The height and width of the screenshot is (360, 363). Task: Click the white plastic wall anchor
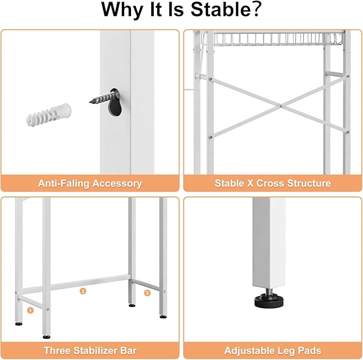[x=49, y=114]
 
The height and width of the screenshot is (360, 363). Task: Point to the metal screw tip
[x=90, y=101]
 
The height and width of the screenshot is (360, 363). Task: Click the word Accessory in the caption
[x=117, y=183]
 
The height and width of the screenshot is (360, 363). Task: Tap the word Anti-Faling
[x=64, y=183]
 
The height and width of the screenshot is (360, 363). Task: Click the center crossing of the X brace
[x=281, y=106]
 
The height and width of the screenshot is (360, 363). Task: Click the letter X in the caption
[x=251, y=183]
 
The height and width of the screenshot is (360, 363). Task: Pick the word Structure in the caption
[x=309, y=183]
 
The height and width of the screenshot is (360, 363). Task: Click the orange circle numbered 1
[x=30, y=310]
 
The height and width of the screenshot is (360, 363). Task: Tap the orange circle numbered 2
[x=83, y=291]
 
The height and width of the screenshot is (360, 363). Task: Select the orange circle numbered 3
[x=147, y=293]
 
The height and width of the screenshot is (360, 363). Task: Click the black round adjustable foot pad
[x=269, y=301]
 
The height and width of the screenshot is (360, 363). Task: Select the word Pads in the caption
[x=310, y=350]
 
